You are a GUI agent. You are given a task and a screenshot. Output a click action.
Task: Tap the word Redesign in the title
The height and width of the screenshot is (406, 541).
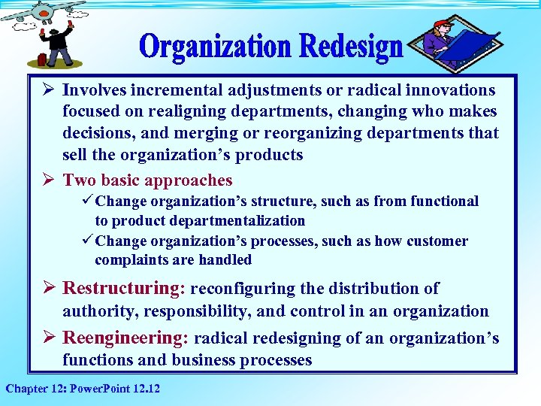(351, 47)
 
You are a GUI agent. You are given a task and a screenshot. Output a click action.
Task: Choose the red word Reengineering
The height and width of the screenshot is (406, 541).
(124, 338)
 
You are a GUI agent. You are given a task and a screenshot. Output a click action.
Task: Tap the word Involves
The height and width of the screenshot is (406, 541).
(95, 90)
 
